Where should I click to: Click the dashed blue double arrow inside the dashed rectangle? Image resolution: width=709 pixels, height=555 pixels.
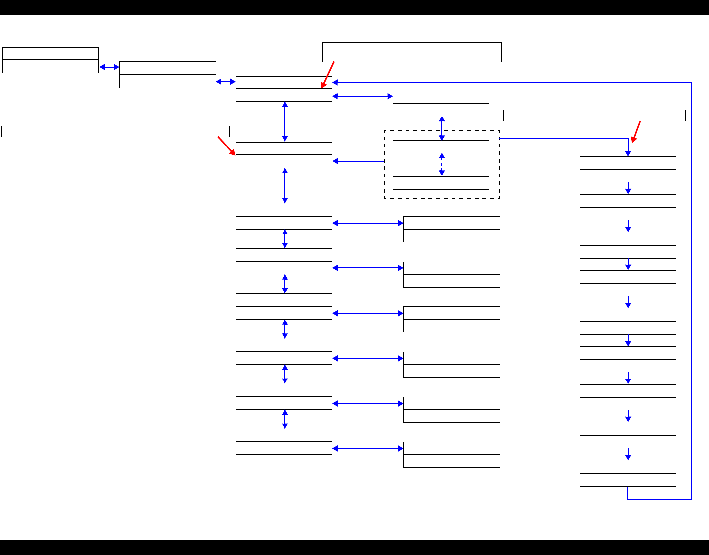point(442,165)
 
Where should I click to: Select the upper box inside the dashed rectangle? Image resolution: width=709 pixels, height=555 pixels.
point(441,147)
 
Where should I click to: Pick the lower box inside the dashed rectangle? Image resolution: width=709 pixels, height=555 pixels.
point(441,183)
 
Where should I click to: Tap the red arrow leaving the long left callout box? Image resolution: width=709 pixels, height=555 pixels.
point(227,146)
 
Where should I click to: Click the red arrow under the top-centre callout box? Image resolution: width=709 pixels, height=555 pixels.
point(328,75)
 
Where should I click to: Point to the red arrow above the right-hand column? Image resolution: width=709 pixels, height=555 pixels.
point(636,132)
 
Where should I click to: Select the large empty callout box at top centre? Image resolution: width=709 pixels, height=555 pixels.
point(412,52)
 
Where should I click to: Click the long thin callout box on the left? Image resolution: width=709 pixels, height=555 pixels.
point(115,131)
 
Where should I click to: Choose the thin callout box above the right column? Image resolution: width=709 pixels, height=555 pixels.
point(594,116)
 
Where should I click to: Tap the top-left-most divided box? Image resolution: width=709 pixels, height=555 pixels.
point(51,60)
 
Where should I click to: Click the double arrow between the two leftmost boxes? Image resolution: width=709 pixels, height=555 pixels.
point(109,67)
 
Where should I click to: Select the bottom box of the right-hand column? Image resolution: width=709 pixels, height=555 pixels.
point(627,473)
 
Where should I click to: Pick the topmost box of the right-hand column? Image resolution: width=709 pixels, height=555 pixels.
point(627,169)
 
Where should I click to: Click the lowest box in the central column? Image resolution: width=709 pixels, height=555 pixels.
point(284,441)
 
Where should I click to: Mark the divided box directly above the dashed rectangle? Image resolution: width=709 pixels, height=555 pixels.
point(441,104)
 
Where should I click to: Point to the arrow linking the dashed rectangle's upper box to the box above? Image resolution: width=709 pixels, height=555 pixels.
point(442,128)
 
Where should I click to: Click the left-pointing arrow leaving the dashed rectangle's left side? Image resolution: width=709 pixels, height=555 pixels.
point(358,161)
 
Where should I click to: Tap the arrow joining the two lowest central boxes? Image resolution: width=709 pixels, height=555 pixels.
point(285,419)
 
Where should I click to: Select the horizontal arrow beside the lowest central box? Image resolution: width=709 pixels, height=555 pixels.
point(368,448)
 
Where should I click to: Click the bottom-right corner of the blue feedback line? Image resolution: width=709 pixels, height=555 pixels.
point(691,499)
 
